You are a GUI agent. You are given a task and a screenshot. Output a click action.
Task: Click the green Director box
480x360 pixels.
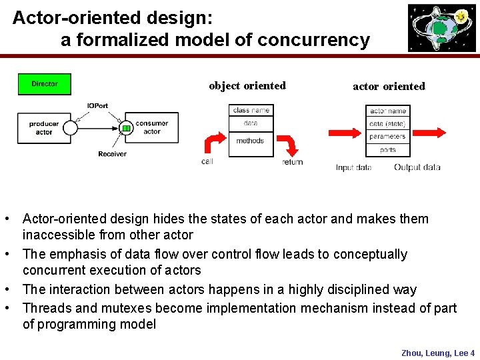44,84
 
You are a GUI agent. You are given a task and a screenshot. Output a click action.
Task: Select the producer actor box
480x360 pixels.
44,127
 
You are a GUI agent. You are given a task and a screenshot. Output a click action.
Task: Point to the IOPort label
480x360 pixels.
97,106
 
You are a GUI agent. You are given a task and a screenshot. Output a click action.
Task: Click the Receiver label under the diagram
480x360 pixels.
112,154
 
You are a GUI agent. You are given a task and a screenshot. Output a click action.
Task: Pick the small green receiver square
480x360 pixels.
125,128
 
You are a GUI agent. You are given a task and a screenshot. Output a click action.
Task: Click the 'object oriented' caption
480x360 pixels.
247,85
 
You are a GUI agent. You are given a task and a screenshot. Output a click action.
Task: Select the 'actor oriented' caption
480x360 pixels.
389,86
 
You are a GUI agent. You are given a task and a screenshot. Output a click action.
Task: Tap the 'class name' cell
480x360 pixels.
251,110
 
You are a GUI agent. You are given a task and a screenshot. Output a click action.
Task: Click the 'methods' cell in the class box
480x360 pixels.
251,141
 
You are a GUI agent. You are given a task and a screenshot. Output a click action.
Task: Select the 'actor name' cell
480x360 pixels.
388,111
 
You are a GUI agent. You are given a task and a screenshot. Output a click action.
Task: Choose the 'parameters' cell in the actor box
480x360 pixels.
388,137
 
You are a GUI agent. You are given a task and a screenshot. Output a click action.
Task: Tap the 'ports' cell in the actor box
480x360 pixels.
388,150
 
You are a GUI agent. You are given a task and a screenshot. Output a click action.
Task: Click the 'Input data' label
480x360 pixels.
353,167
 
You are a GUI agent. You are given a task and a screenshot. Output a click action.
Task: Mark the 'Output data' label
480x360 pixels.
417,167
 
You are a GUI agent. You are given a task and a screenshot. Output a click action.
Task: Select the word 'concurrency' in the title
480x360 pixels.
313,40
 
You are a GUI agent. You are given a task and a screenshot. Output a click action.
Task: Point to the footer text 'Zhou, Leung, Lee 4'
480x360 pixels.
437,353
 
